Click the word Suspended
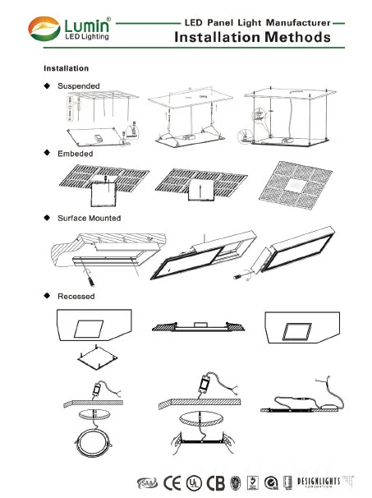pos(78,85)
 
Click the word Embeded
pos(75,154)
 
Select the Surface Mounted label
pos(89,218)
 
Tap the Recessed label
pos(76,295)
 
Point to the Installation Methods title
pos(252,37)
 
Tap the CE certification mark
pos(175,481)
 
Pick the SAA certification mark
pos(148,481)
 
